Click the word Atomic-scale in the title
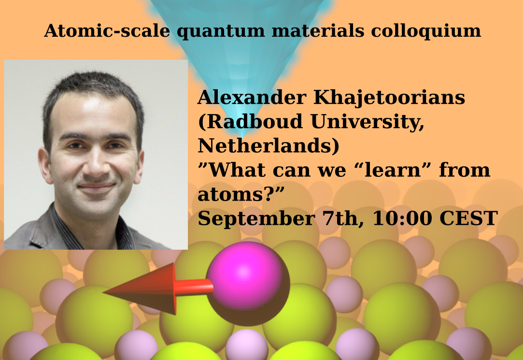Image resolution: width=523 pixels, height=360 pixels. [x=107, y=31]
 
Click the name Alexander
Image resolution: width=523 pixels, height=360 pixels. [x=252, y=98]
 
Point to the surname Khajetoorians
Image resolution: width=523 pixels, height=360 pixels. [x=389, y=98]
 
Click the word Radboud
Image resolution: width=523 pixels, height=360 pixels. [x=253, y=121]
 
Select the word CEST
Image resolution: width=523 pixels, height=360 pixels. [x=468, y=218]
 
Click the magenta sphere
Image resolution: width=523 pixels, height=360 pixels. [x=248, y=283]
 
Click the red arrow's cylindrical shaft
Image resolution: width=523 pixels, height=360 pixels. [x=194, y=287]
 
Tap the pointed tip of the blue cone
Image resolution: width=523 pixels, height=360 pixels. [x=242, y=137]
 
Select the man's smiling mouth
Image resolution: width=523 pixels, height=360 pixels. [x=96, y=187]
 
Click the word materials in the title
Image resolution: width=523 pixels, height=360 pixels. [x=318, y=31]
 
